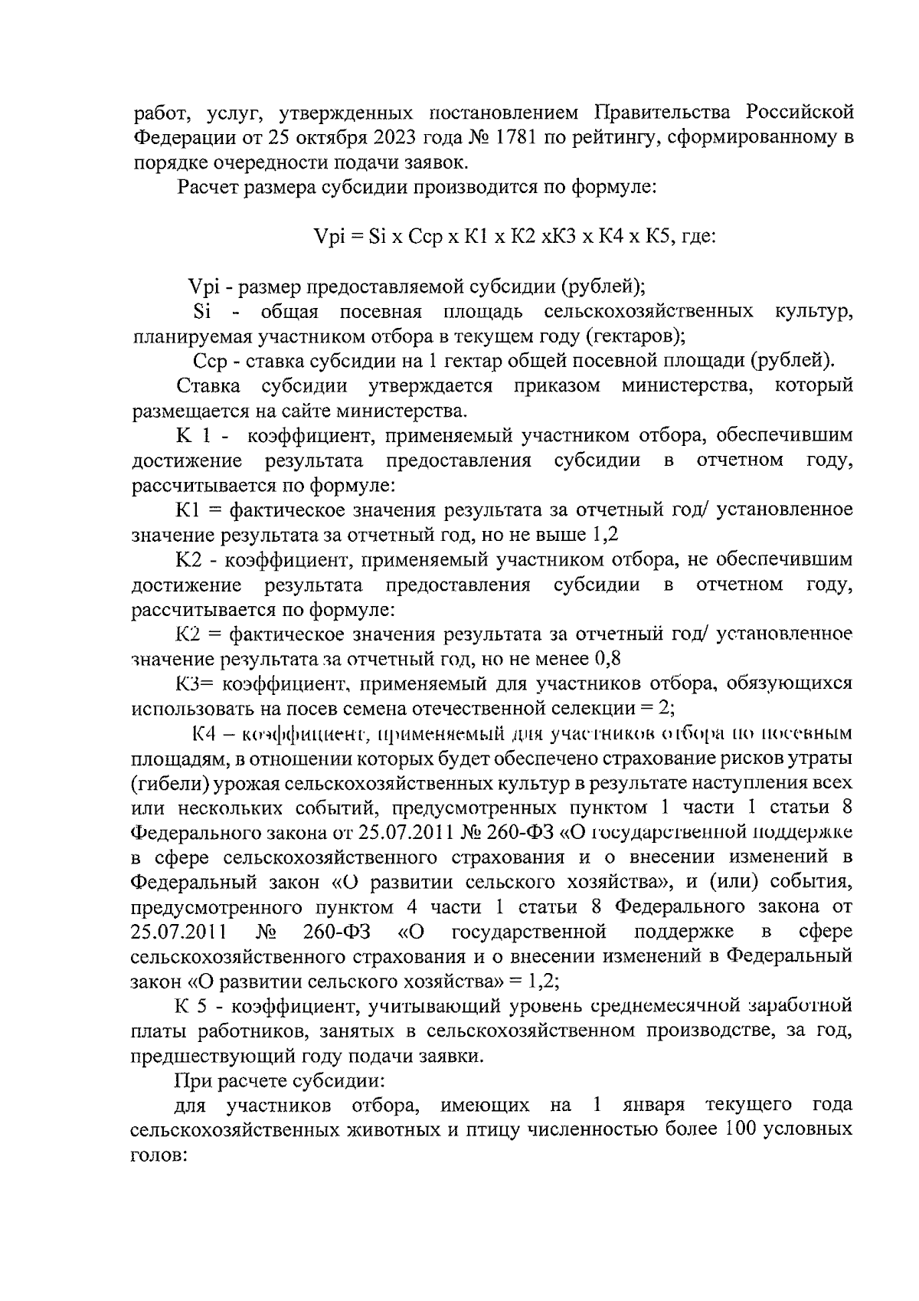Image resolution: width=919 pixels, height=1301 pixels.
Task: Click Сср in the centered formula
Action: click(x=425, y=238)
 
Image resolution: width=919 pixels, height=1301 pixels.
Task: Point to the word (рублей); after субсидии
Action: click(x=603, y=287)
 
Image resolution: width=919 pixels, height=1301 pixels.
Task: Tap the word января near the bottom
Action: click(x=648, y=1106)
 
